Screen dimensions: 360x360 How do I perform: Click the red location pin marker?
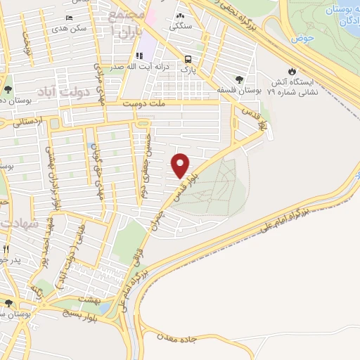[x=181, y=165]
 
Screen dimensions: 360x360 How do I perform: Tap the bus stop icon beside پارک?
[x=188, y=60]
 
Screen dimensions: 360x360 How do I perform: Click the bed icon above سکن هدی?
[x=68, y=18]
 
